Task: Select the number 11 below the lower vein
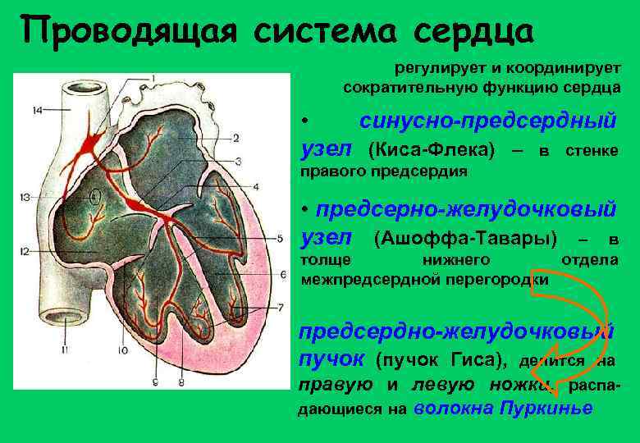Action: [63, 351]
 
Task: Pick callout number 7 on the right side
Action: [280, 307]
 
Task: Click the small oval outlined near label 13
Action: [96, 197]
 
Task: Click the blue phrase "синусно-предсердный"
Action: [487, 121]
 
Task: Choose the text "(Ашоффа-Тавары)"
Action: [464, 239]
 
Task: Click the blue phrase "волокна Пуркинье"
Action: [503, 409]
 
